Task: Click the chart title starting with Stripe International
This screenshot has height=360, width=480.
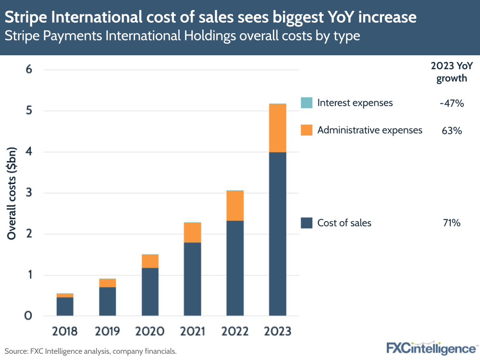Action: (210, 18)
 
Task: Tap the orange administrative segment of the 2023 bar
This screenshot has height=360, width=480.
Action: (277, 128)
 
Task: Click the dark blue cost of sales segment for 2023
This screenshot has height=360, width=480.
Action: (277, 234)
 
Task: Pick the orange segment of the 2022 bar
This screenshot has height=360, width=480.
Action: (235, 206)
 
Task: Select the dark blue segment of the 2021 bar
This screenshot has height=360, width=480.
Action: (193, 279)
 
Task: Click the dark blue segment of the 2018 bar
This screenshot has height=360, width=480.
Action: (65, 306)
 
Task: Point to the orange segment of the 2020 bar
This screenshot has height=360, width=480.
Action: (150, 261)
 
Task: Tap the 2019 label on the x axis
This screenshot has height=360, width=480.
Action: (108, 331)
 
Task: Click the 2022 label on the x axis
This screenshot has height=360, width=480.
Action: (235, 331)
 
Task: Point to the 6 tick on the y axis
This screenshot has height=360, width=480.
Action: (28, 70)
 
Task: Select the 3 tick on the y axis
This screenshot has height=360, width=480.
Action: (28, 193)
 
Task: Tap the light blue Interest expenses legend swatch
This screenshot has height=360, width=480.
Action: (306, 103)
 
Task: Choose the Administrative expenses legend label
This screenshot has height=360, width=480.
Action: (369, 130)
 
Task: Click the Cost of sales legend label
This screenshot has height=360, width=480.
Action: (344, 223)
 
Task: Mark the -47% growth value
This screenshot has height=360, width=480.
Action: (451, 103)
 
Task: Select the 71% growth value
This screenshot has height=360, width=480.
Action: (452, 223)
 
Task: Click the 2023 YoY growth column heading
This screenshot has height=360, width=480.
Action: (451, 73)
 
